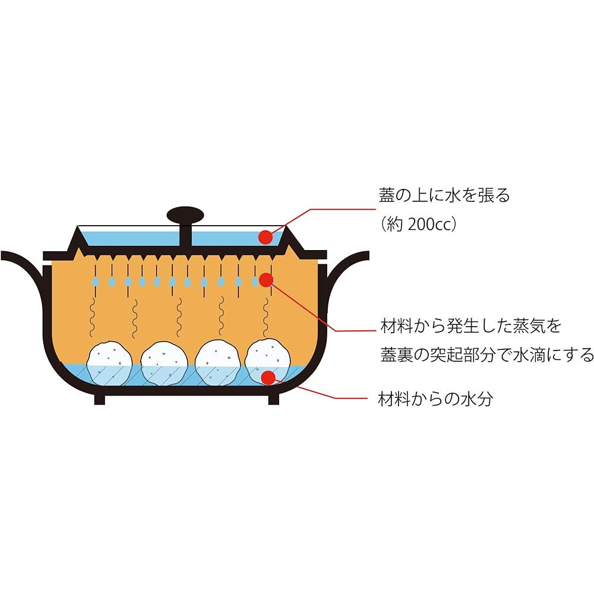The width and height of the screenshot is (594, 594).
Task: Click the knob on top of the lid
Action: coord(185,215)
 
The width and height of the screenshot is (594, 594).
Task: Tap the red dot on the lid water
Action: coord(266,237)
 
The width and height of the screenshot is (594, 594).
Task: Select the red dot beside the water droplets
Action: coord(266,280)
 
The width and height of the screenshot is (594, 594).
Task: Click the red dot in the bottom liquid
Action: coord(268,377)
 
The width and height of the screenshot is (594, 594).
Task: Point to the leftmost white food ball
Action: coord(109,364)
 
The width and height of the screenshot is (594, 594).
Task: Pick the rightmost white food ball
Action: coord(268,362)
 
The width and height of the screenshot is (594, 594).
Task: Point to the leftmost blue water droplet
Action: coord(96,281)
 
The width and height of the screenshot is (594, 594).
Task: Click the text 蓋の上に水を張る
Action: coord(444,195)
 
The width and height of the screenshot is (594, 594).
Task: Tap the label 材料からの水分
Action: coord(435,399)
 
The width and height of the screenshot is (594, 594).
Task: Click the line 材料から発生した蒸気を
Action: coord(470,326)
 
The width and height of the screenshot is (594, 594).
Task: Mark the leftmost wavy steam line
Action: coord(92,317)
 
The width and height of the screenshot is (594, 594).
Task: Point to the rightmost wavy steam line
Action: coord(266,317)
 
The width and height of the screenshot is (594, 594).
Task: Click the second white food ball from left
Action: coord(164,364)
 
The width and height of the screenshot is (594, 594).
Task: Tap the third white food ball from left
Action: coord(217,363)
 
